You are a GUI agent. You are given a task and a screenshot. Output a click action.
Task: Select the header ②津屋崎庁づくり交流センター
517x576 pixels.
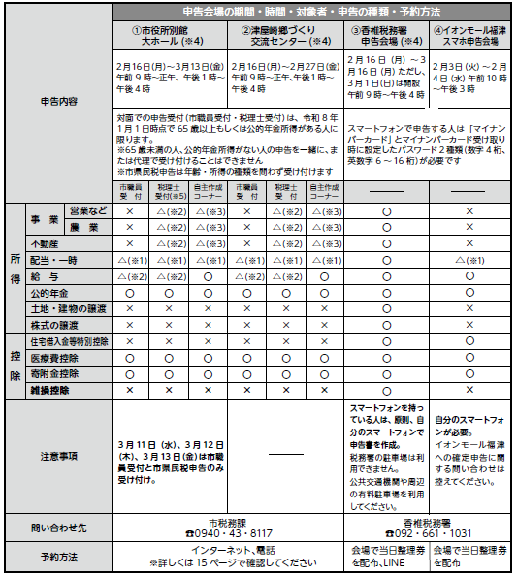[286, 36]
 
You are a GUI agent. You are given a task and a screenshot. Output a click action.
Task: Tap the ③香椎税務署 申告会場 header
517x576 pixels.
[386, 36]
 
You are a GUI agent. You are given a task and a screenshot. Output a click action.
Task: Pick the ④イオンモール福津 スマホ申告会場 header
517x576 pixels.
[469, 36]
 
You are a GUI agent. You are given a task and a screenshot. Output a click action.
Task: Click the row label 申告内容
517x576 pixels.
[59, 100]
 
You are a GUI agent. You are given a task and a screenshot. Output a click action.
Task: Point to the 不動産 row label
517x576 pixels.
[47, 242]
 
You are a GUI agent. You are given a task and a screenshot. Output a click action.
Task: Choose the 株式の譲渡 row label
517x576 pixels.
[56, 324]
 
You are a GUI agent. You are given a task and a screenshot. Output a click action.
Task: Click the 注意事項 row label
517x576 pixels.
[59, 454]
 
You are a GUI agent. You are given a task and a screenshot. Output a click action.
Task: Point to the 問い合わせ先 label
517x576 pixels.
[59, 528]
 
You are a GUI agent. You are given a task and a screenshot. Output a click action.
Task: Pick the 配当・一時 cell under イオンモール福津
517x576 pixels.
[469, 260]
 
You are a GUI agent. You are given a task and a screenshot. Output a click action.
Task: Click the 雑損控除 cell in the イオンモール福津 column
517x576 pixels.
[469, 388]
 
